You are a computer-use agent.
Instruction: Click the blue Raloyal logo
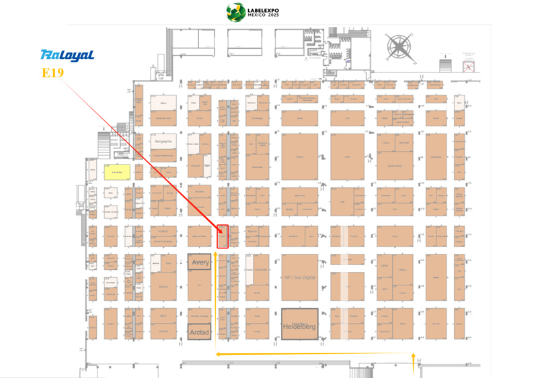click(67, 55)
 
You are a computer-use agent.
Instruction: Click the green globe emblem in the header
click(235, 11)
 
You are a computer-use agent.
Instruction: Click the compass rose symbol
click(399, 46)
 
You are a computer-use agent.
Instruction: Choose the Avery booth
click(199, 263)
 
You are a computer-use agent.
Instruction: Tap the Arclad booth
click(199, 332)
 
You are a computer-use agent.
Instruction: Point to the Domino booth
click(436, 157)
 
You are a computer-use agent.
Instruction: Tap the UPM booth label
click(385, 265)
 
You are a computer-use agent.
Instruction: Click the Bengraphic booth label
click(163, 142)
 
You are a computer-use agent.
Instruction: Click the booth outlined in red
click(223, 236)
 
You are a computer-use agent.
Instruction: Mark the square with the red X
click(469, 65)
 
